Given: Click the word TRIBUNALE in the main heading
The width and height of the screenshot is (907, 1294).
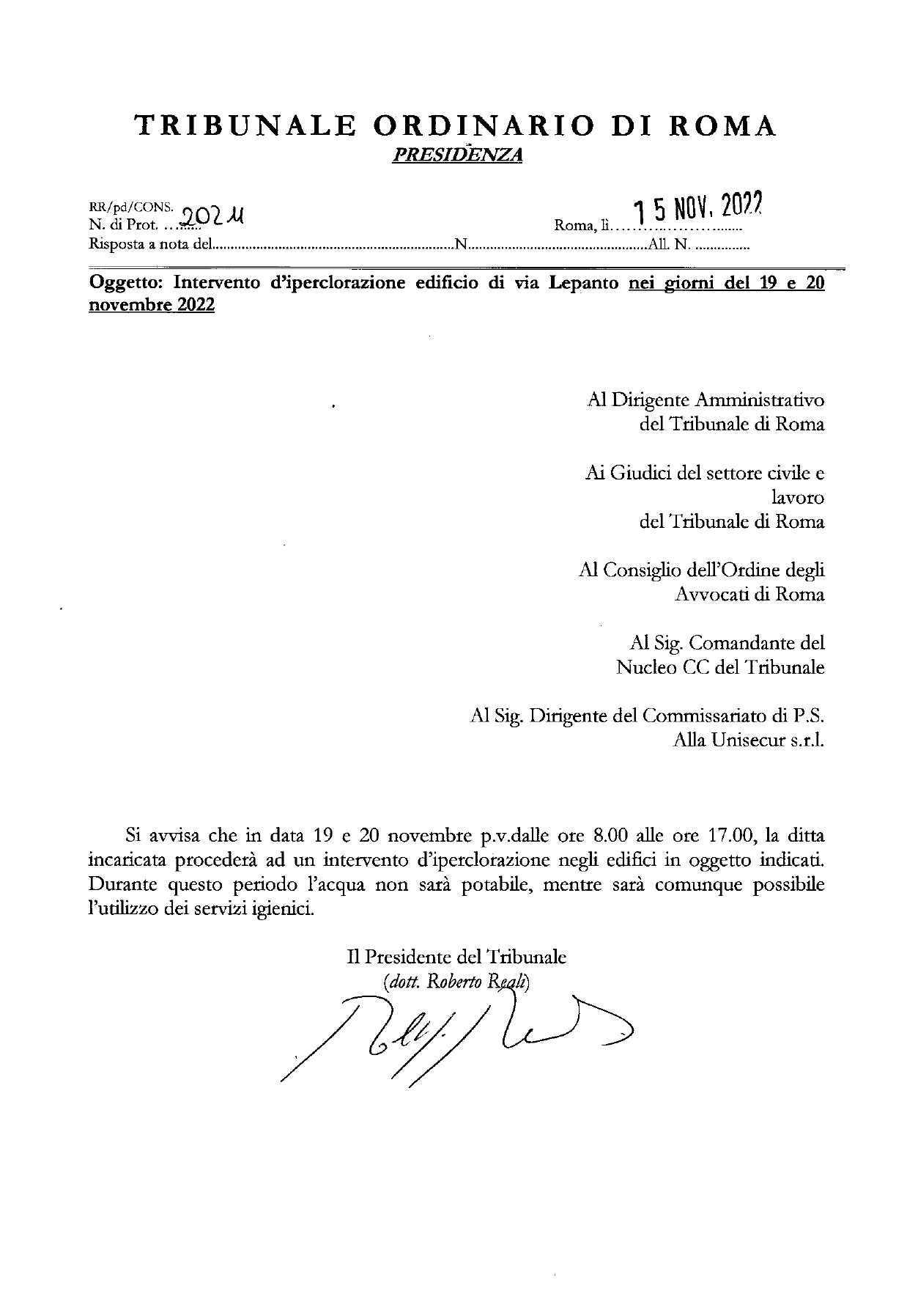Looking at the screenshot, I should pyautogui.click(x=246, y=126).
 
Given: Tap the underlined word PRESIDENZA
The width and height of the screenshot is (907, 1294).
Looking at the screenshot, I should pyautogui.click(x=457, y=155).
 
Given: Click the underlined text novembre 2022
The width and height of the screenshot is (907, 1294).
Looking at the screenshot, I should pyautogui.click(x=152, y=305).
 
